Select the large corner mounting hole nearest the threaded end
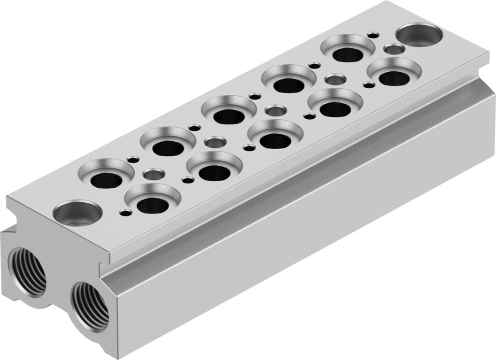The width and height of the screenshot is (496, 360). coord(77,213)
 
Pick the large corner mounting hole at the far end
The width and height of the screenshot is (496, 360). coord(419,35)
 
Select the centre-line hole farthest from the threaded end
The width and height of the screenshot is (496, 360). coord(394,49)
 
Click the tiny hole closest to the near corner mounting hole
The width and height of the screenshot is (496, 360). coord(125,213)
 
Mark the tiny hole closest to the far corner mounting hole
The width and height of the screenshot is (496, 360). coord(373,35)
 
